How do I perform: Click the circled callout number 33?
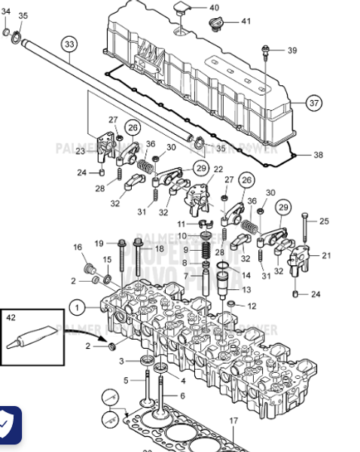point(69,44)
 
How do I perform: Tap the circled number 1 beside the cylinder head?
point(76,307)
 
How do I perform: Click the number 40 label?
point(214,8)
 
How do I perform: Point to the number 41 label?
point(246,21)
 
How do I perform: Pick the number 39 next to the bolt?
point(291,50)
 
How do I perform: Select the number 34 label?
point(6,15)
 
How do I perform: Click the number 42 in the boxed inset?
point(11,318)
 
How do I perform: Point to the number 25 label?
point(325,221)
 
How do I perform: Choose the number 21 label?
point(325,256)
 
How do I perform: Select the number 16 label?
point(77,247)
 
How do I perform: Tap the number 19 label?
point(99,243)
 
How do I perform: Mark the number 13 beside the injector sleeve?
point(246,290)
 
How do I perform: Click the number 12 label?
point(252,306)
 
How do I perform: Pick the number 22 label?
point(218,169)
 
